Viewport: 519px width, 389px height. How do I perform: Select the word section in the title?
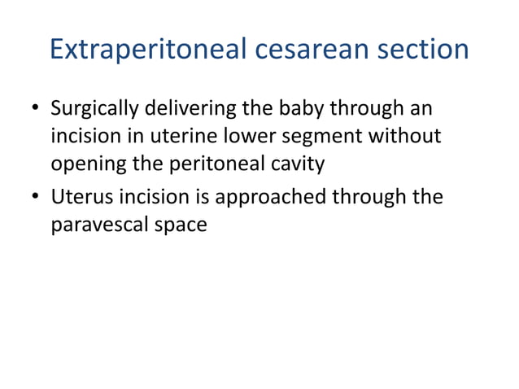(425, 50)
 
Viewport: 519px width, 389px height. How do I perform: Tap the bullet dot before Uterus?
(35, 198)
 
